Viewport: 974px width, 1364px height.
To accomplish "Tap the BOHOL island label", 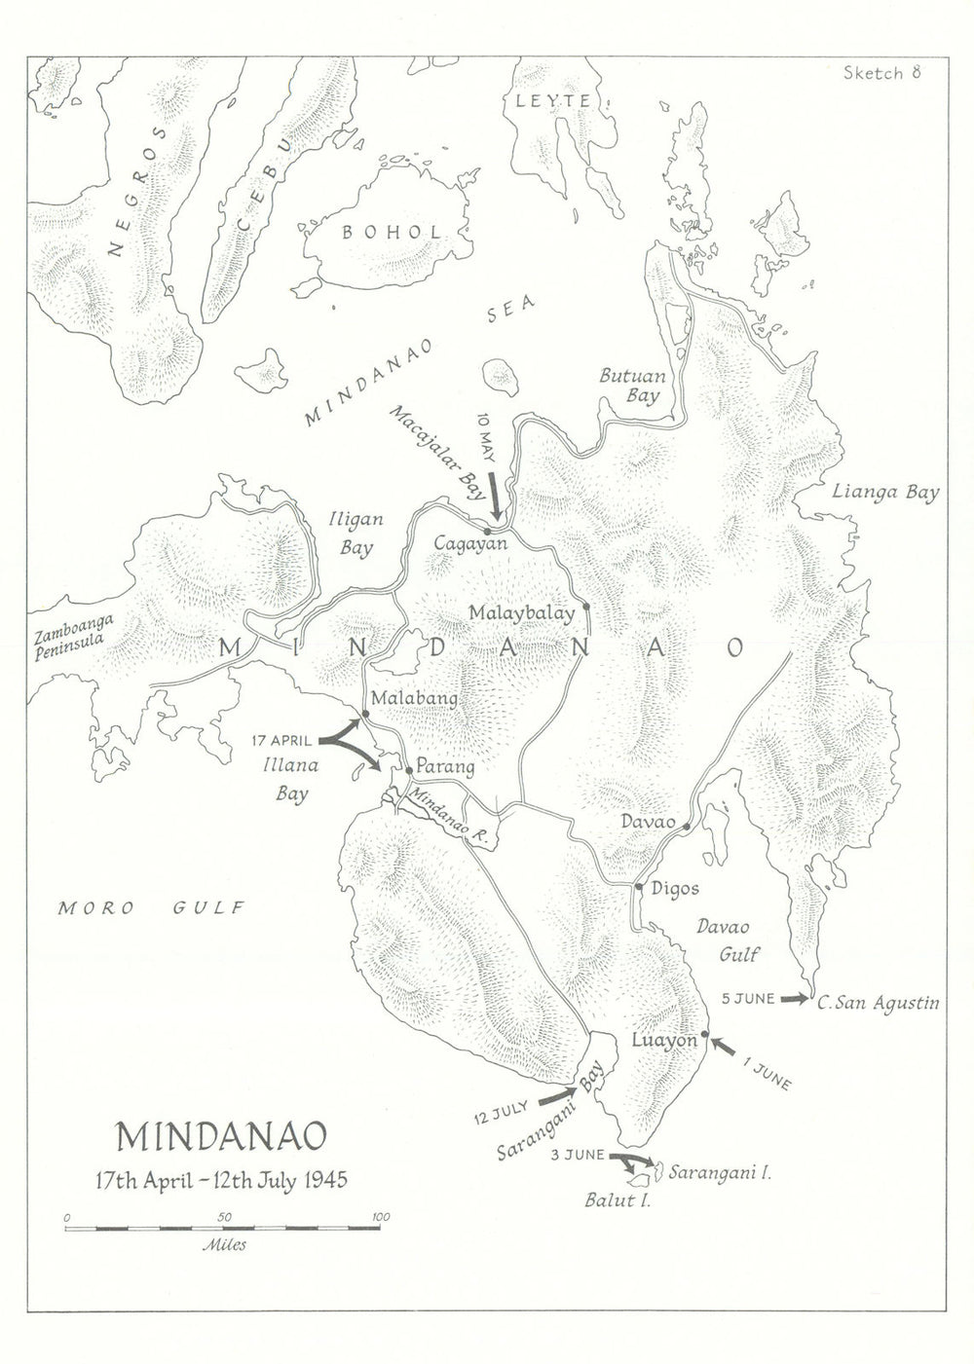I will [x=391, y=232].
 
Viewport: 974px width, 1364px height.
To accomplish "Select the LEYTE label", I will [x=553, y=100].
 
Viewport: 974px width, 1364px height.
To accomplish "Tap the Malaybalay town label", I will [x=521, y=613].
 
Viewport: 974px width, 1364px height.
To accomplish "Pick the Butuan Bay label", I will [x=631, y=386].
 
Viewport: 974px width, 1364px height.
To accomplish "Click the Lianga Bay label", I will [x=885, y=493].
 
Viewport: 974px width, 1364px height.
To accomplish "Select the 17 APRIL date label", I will [x=281, y=741].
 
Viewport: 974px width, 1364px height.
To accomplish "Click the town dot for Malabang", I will [x=365, y=715].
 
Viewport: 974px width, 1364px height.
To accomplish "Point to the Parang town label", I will [x=445, y=767].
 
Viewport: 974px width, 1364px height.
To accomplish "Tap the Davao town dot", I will [x=687, y=827].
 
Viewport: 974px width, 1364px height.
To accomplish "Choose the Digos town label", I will [x=675, y=889].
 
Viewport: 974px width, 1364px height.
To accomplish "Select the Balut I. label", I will [x=617, y=1200].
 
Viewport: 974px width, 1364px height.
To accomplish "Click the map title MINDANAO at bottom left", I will [x=221, y=1136].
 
